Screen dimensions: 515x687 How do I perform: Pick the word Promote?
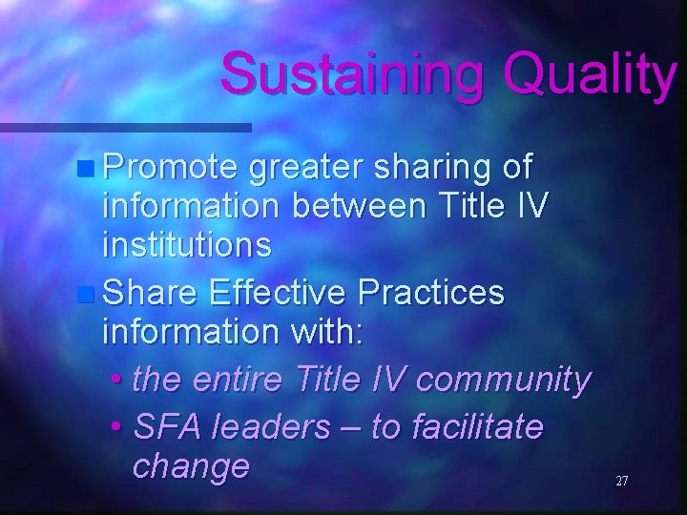pos(169,168)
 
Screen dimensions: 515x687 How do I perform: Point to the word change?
pos(191,467)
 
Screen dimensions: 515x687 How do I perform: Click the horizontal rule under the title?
pos(124,127)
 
